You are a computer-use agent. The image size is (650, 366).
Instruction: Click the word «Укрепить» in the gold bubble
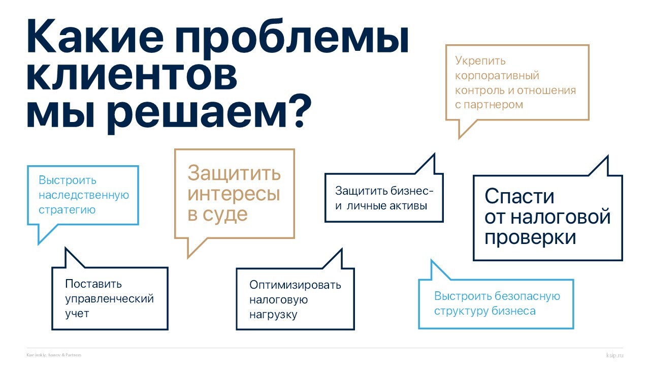point(480,61)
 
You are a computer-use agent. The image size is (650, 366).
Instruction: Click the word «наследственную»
point(84,195)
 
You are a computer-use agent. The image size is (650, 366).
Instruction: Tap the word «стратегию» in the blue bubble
point(67,209)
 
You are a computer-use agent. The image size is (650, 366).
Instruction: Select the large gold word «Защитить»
point(234,173)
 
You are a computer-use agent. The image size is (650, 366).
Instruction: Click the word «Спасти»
point(519,197)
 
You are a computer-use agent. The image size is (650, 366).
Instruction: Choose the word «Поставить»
point(93,284)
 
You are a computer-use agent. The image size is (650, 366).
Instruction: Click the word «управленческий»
point(109,298)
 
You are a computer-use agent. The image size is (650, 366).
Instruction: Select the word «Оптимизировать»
point(295,285)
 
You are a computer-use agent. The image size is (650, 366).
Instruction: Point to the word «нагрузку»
point(273,315)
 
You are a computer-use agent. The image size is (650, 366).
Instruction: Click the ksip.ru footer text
point(614,355)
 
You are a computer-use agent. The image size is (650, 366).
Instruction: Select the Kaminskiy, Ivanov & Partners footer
point(54,355)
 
